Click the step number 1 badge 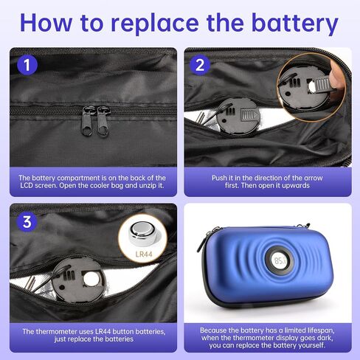click(27, 65)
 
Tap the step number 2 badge click(200, 65)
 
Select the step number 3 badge click(27, 221)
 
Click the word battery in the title click(295, 24)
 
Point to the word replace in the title click(155, 24)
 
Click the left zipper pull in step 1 click(88, 121)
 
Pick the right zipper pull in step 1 click(103, 121)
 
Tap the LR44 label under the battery click(144, 254)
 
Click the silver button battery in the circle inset click(143, 233)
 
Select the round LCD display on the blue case click(280, 261)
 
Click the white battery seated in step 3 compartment click(91, 280)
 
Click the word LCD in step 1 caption click(27, 185)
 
